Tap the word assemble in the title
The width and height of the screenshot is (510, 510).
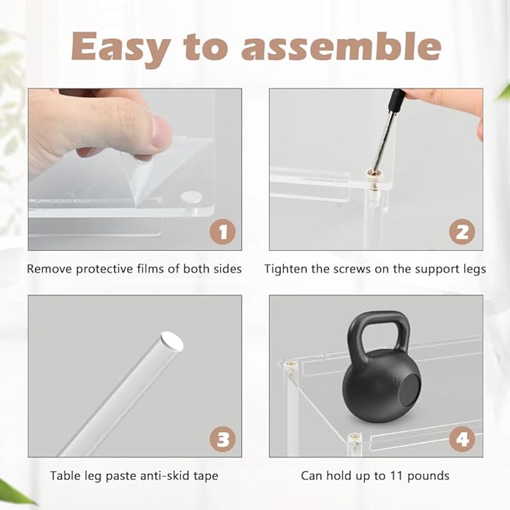341,47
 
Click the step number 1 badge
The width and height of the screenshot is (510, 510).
223,232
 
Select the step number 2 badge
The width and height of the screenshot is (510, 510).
462,232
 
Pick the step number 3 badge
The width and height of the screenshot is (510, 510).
223,439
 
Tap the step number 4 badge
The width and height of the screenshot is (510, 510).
462,439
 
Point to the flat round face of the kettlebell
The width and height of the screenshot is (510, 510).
409,389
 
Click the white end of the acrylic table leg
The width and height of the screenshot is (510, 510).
172,341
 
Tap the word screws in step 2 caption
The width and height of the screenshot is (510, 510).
352,270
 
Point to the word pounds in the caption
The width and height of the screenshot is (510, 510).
428,476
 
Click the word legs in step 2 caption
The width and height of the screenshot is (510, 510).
473,270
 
